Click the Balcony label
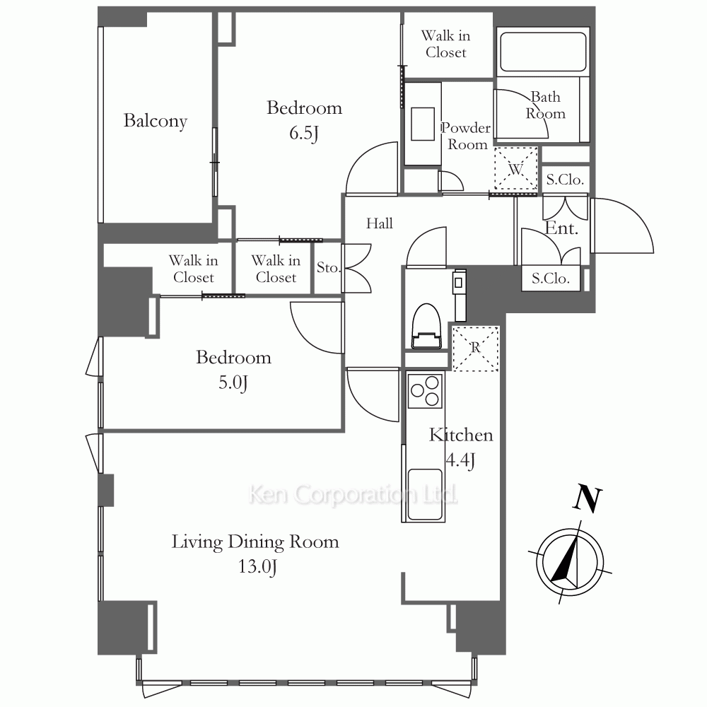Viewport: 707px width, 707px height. (156, 121)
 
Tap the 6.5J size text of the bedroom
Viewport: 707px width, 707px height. (304, 133)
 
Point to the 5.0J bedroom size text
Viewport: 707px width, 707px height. (233, 382)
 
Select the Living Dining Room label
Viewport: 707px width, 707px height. (255, 542)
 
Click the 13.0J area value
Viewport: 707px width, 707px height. (257, 566)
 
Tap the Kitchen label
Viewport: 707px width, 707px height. (461, 435)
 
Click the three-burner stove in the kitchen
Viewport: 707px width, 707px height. (425, 390)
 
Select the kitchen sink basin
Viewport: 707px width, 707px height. (425, 494)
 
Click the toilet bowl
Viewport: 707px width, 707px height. (426, 325)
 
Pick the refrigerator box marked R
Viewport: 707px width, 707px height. (475, 348)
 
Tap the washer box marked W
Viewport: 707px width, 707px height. (516, 168)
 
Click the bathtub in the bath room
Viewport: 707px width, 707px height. (543, 52)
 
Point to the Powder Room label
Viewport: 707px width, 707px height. (466, 136)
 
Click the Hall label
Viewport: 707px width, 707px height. (379, 223)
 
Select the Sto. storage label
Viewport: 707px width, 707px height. (328, 267)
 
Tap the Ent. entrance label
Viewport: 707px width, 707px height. (561, 228)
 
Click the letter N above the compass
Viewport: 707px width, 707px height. (588, 499)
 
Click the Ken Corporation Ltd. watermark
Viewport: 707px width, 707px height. (353, 495)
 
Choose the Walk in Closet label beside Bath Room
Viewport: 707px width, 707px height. (446, 44)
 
